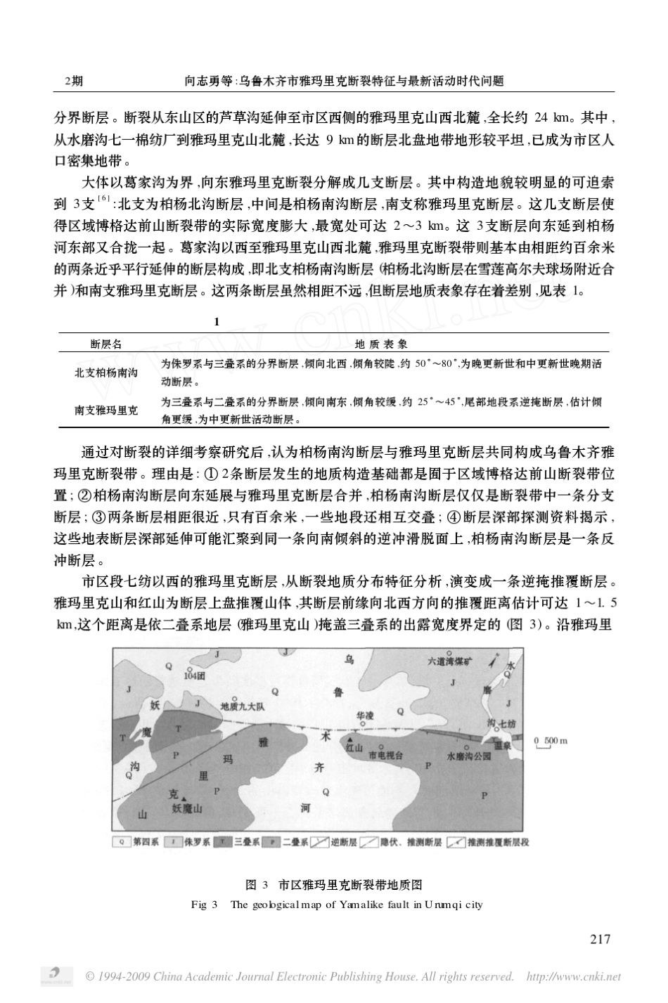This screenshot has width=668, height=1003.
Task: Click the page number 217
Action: click(600, 938)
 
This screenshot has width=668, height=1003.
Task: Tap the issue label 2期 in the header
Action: click(73, 82)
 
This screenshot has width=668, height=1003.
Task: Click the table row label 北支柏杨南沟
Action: click(106, 373)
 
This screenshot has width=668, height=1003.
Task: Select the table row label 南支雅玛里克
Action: click(106, 410)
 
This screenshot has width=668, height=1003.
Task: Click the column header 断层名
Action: click(106, 344)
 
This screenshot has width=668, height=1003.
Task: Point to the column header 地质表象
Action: click(381, 344)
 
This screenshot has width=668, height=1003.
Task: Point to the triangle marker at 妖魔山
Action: click(184, 799)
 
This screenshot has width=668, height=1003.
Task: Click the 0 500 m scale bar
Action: click(550, 744)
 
